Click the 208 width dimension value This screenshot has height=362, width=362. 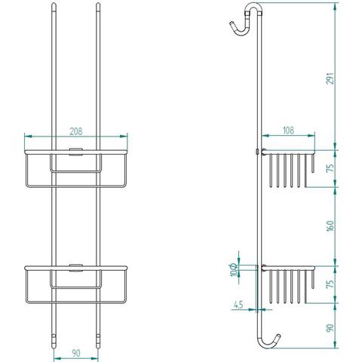[75, 131]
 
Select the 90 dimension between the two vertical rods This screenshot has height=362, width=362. [76, 353]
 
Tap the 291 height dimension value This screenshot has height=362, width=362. [330, 78]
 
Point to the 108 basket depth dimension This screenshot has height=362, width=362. [288, 130]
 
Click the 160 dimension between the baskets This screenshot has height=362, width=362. [330, 225]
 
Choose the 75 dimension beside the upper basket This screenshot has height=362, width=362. [330, 168]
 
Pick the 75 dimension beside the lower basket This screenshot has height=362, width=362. [330, 284]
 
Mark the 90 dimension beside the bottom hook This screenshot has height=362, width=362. [330, 328]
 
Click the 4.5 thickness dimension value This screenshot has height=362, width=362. [238, 305]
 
